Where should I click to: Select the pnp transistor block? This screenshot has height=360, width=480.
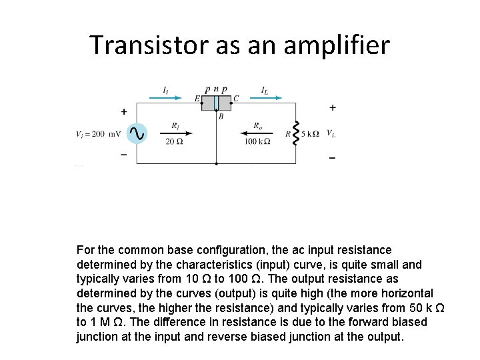pyautogui.click(x=216, y=103)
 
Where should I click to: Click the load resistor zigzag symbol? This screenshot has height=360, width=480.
pyautogui.click(x=296, y=133)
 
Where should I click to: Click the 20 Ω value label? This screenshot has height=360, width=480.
pyautogui.click(x=175, y=141)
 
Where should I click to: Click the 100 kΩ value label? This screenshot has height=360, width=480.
pyautogui.click(x=257, y=141)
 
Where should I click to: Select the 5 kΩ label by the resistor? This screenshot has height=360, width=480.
pyautogui.click(x=311, y=133)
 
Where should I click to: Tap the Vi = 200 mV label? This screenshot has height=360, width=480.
pyautogui.click(x=99, y=133)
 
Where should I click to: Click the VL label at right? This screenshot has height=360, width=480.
pyautogui.click(x=331, y=133)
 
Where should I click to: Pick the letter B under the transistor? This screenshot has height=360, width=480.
pyautogui.click(x=221, y=117)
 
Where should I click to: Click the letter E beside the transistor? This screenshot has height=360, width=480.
pyautogui.click(x=197, y=99)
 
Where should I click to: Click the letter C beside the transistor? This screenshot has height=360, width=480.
pyautogui.click(x=236, y=99)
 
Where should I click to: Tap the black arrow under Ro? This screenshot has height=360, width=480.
pyautogui.click(x=257, y=133)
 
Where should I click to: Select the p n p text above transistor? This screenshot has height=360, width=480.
pyautogui.click(x=216, y=89)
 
